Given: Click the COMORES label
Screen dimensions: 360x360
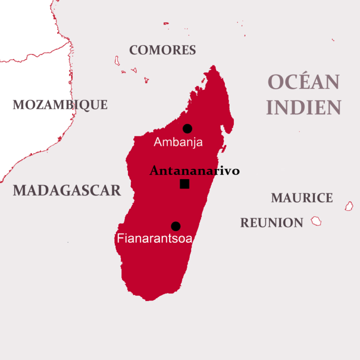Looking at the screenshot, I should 162,50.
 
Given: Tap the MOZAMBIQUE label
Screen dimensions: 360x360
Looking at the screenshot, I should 60,105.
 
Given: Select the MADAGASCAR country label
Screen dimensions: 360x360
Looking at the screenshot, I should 67,190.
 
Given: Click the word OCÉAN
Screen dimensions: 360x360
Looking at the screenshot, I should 303,82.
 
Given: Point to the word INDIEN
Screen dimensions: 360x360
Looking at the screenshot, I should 303,107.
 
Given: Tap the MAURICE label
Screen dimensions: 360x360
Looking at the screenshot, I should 302,198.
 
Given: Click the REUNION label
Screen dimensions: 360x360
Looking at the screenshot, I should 272,223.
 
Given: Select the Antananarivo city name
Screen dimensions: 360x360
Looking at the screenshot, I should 195,171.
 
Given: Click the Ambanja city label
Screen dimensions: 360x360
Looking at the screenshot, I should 178,142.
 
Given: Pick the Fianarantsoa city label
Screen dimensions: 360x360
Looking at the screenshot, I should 155,239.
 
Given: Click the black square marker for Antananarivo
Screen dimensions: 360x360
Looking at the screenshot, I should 185,184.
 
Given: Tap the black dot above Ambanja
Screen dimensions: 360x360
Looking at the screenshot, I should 187,128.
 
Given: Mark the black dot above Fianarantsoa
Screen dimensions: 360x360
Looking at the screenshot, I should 176,226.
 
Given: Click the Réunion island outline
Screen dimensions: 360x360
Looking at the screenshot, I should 316,221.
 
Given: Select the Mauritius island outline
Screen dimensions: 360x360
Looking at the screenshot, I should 349,206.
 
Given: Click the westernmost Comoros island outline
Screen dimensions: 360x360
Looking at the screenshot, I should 117,60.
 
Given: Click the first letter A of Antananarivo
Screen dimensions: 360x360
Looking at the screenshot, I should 154,171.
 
